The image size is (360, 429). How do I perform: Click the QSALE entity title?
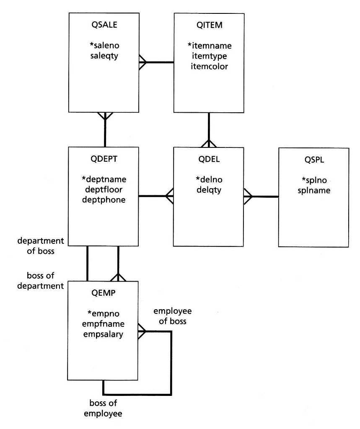tap(104, 25)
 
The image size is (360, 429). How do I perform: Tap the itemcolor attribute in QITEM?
tap(209, 66)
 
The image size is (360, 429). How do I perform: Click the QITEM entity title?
tap(209, 25)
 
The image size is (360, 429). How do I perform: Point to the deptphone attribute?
tap(104, 200)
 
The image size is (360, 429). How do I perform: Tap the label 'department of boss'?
tap(40, 246)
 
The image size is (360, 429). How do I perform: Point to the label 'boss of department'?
tap(40, 281)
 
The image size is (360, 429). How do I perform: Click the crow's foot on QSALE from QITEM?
tap(143, 63)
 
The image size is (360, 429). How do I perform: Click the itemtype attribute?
tap(209, 55)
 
